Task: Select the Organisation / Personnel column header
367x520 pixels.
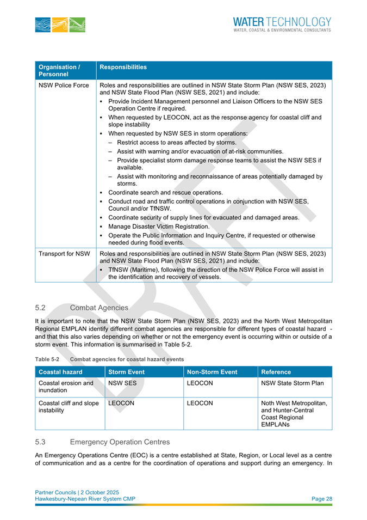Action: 59,70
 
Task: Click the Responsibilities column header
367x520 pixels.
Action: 123,68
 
